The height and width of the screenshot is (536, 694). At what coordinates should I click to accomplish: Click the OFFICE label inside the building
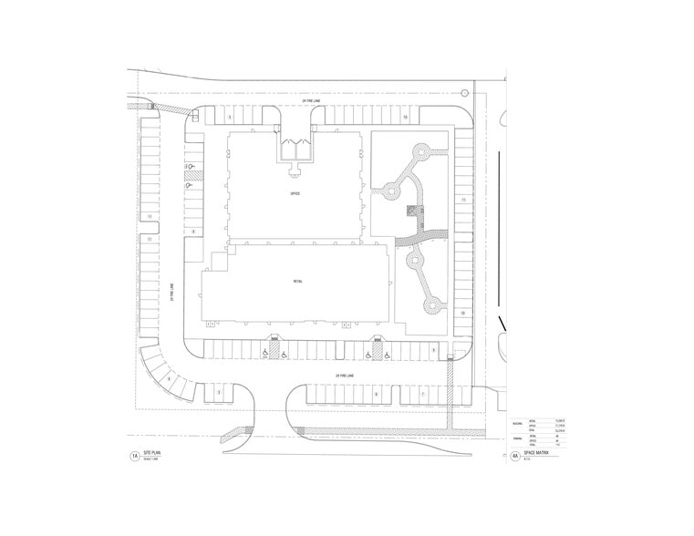click(x=295, y=194)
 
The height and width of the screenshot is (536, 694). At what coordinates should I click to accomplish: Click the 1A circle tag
click(x=134, y=455)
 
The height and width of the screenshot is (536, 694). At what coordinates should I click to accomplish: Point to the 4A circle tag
click(x=514, y=455)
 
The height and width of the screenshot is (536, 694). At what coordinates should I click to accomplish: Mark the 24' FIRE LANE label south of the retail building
click(x=344, y=375)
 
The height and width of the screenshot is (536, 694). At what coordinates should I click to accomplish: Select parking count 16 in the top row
click(x=404, y=118)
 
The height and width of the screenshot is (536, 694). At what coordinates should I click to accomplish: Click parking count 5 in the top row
click(x=230, y=118)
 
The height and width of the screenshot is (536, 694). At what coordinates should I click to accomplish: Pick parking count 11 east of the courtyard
click(x=463, y=199)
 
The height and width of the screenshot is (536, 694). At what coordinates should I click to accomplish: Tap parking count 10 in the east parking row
click(x=463, y=313)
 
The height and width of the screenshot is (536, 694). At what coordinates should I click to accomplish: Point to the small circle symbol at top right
click(x=465, y=92)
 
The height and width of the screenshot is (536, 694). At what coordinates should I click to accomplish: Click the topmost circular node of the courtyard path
click(x=421, y=149)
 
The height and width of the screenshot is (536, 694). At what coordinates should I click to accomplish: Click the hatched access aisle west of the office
click(x=192, y=170)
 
